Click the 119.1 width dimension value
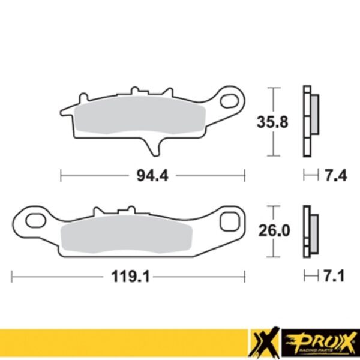pyautogui.click(x=127, y=278)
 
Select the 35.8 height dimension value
pyautogui.click(x=274, y=122)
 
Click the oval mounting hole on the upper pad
pyautogui.click(x=230, y=100)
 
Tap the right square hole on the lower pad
pyautogui.click(x=229, y=221)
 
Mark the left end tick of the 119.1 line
pyautogui.click(x=12, y=278)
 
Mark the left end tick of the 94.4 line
pyautogui.click(x=61, y=176)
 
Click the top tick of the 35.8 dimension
pyautogui.click(x=274, y=89)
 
